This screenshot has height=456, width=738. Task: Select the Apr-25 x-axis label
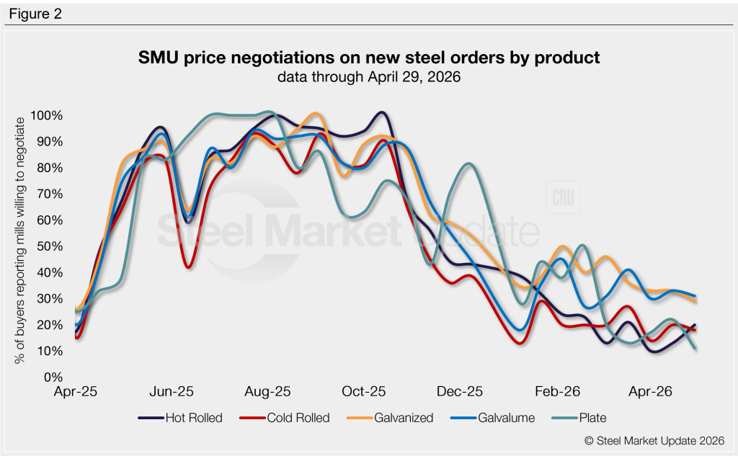(76, 392)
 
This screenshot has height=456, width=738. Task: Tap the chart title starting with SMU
(368, 58)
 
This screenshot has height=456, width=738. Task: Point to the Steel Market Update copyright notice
(655, 440)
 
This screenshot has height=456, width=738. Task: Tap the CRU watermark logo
(565, 200)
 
